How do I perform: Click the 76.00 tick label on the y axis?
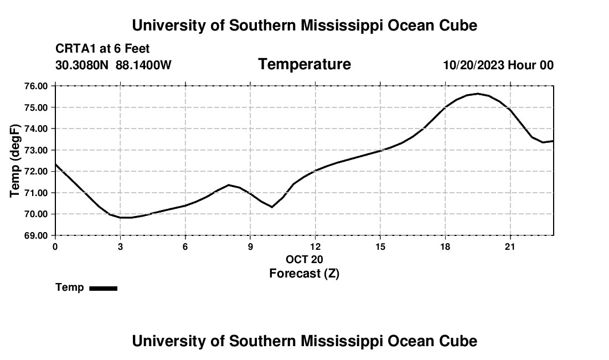(37, 86)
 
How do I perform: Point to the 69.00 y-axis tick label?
(37, 236)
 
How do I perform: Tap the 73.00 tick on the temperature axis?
(37, 150)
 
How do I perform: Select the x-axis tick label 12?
(316, 246)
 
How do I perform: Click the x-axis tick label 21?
(510, 246)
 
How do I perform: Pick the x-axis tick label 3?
(120, 246)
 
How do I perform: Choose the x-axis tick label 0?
(55, 246)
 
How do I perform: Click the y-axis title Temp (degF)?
(15, 161)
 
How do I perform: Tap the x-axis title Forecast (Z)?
(304, 274)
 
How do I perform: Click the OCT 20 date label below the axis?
(304, 259)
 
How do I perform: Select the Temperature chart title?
(304, 64)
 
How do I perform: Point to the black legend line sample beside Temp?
(104, 289)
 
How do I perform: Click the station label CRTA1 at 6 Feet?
(102, 49)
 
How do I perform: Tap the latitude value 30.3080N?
(82, 65)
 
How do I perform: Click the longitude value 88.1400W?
(143, 65)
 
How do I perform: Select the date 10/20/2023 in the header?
(474, 65)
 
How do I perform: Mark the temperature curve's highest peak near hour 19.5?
(478, 94)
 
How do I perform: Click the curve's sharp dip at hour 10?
(272, 207)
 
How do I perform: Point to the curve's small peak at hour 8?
(229, 185)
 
